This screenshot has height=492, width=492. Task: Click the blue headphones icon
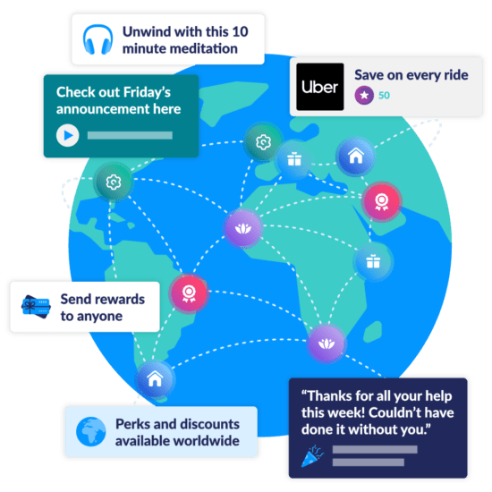98,39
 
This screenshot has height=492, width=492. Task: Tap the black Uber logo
320,87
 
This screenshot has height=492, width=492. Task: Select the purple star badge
364,95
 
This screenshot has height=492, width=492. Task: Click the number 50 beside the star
384,96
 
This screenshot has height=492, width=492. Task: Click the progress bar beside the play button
130,135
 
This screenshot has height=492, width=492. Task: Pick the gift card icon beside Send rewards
36,307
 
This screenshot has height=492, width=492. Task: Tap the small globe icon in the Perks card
91,431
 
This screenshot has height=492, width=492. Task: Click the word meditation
180,48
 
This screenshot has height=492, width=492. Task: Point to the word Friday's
148,92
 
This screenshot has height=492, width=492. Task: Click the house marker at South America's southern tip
155,378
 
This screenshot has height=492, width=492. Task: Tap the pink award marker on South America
189,293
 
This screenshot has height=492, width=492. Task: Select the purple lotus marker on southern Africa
327,344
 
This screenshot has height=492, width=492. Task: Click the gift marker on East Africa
373,261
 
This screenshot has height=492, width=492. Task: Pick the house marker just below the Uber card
356,156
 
